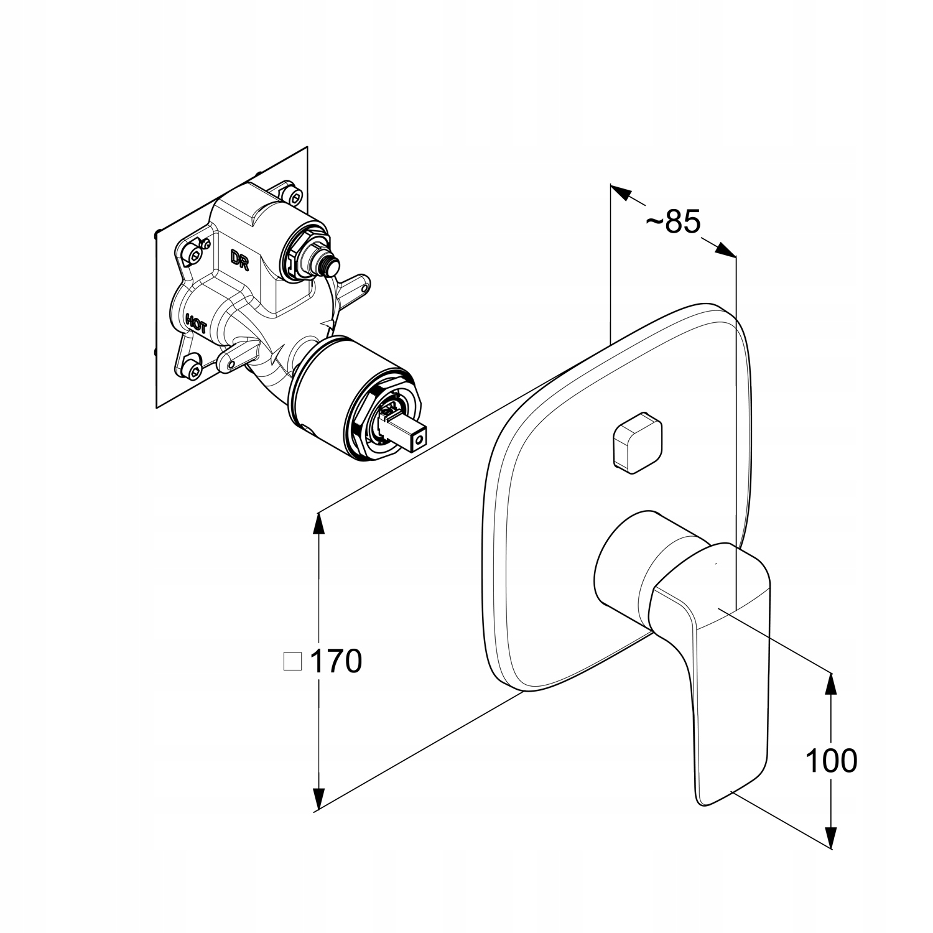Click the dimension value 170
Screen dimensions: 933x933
coord(335,661)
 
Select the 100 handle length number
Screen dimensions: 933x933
coord(831,759)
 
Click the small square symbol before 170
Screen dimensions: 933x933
coord(292,661)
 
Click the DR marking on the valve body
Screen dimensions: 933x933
coord(240,259)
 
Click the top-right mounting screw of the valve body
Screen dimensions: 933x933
coord(291,192)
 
